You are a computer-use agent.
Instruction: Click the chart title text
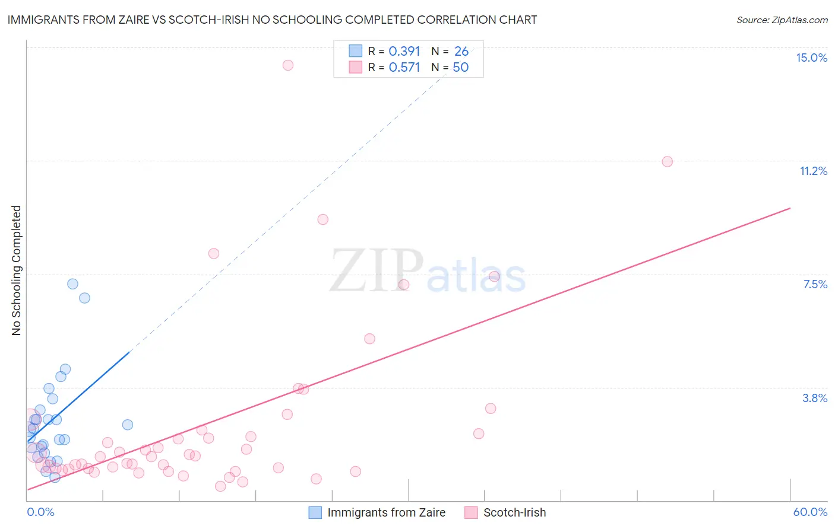272,20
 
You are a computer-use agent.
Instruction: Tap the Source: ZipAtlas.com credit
782,20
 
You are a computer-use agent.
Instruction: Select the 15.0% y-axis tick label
811,58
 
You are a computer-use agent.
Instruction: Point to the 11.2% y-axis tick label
813,171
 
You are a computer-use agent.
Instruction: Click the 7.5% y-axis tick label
815,284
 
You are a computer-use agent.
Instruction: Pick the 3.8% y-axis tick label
815,398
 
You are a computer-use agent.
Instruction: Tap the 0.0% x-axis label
40,512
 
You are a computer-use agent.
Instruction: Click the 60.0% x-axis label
810,512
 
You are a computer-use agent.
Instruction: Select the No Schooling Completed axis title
17,270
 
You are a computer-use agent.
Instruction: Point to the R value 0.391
404,52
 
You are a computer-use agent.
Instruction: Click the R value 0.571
404,68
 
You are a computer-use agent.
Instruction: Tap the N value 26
461,52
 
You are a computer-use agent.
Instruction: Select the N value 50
461,68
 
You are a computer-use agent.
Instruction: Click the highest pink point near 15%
288,65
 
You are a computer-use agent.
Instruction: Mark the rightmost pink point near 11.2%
667,161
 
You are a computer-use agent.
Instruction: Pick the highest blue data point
72,284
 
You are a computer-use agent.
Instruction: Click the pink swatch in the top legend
355,67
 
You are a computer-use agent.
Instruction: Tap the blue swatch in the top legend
355,51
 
